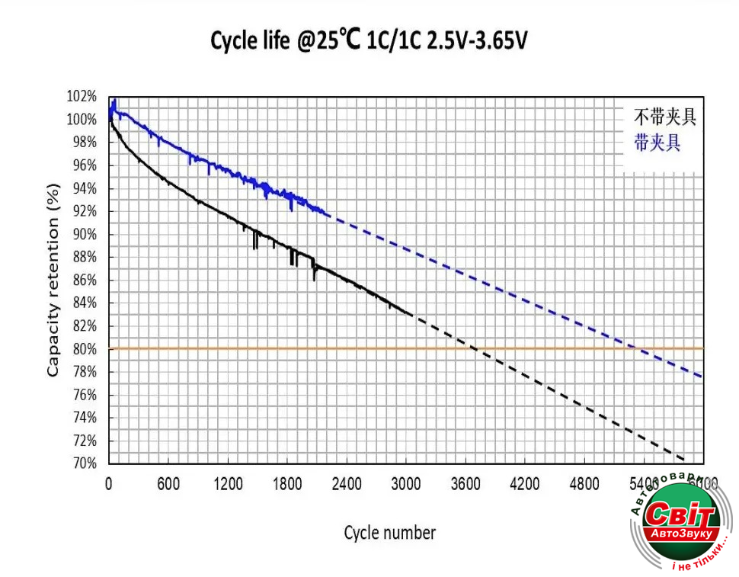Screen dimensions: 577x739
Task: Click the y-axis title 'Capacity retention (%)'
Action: coord(53,280)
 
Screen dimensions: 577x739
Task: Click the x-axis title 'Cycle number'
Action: coord(389,532)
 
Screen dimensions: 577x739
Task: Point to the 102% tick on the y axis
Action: coord(82,97)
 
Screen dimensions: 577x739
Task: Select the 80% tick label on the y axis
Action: coord(85,349)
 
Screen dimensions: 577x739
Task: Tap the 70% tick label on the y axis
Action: coord(85,463)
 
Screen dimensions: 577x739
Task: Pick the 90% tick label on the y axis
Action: coord(85,235)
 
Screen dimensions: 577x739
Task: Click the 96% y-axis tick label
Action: coord(85,165)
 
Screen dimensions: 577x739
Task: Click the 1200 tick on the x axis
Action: coord(227,484)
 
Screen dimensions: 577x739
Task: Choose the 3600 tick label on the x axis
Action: coord(465,484)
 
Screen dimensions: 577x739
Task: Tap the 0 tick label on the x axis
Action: coord(109,484)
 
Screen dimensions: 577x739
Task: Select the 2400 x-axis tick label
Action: coord(347,484)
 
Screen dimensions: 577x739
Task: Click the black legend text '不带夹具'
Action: coord(665,117)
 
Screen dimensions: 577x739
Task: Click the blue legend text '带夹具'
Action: coord(657,142)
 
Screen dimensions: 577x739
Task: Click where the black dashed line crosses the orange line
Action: coord(474,348)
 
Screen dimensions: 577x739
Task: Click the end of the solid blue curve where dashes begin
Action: coord(328,216)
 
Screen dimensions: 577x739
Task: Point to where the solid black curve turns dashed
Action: coord(412,314)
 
